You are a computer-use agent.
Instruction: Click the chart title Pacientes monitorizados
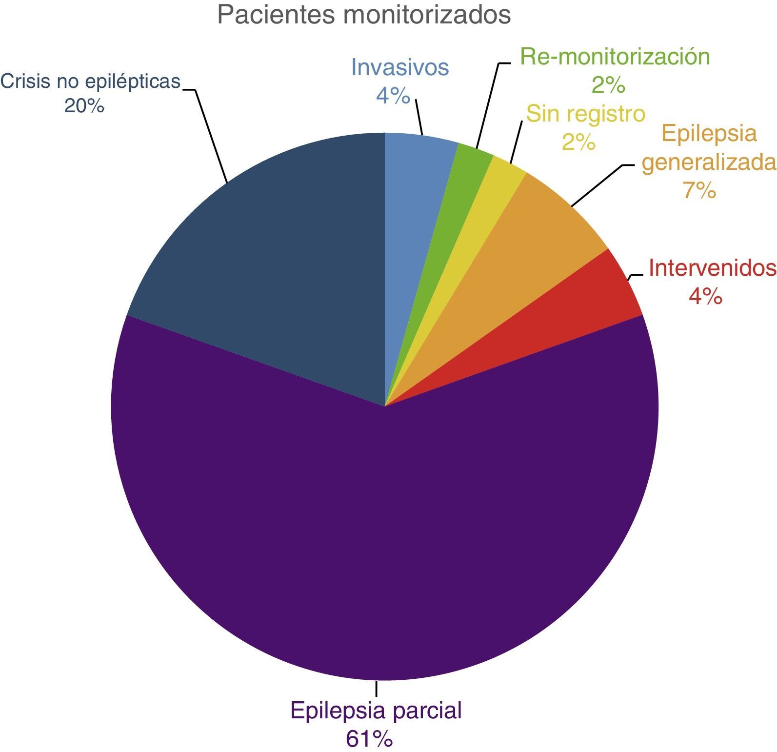point(364,15)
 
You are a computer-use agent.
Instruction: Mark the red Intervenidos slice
point(600,303)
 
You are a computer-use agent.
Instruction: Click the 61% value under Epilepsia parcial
point(369,739)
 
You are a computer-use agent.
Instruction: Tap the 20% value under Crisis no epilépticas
point(84,106)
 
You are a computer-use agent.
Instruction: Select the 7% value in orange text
point(699,190)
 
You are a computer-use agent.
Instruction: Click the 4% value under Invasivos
point(393,96)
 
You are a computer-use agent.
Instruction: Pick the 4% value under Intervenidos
point(705,296)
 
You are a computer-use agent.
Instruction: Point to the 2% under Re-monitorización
point(608,85)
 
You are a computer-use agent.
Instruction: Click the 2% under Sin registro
point(579,142)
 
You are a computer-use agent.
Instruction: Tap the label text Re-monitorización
point(615,57)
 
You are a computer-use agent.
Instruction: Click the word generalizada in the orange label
point(708,163)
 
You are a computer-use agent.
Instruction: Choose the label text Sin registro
point(586,114)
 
